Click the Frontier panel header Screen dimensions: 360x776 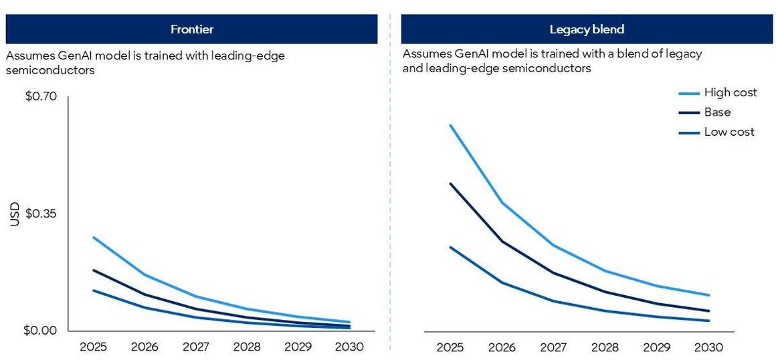click(192, 29)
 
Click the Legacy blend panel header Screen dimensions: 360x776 click(587, 29)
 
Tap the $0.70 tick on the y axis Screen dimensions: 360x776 click(41, 96)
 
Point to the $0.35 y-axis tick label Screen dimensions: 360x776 click(41, 213)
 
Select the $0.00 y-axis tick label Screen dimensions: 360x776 click(40, 331)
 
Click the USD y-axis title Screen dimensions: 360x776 click(15, 214)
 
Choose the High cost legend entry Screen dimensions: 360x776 click(730, 93)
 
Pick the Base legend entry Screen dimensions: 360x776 click(717, 112)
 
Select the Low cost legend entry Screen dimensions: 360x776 click(729, 132)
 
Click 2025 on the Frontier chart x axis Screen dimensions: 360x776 click(93, 347)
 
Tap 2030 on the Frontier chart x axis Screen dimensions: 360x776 click(349, 347)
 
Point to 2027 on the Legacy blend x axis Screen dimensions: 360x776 click(553, 347)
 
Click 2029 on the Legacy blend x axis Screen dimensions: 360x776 click(657, 347)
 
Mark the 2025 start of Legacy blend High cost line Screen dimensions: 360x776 click(450, 125)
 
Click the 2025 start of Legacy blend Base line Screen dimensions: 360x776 click(450, 183)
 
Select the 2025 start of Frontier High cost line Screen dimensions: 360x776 click(94, 238)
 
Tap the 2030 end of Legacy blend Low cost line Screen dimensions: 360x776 click(708, 321)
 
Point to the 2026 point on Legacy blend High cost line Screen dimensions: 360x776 click(502, 202)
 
